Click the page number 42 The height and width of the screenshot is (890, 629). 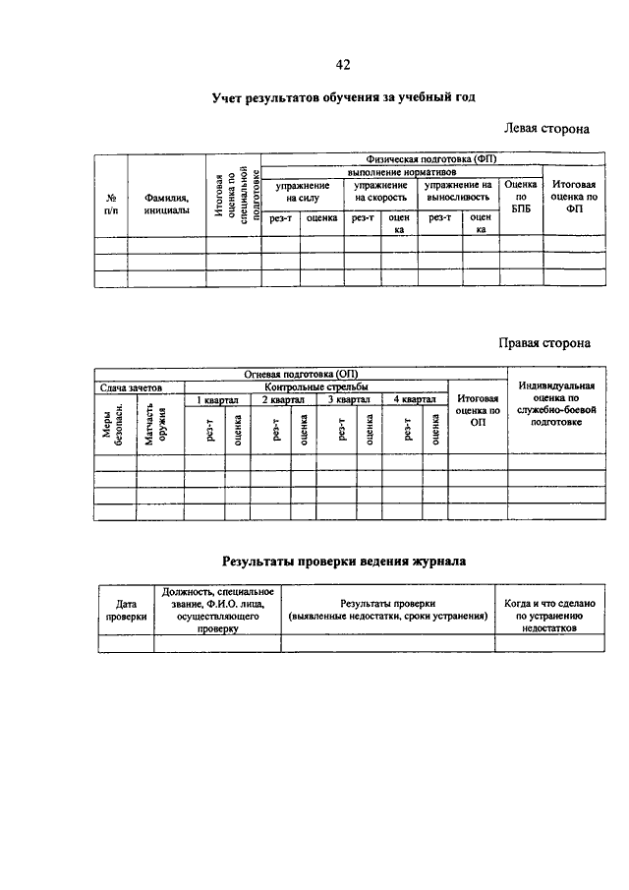pyautogui.click(x=343, y=65)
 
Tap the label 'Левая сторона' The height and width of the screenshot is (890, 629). pyautogui.click(x=546, y=128)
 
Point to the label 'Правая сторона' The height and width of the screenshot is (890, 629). pyautogui.click(x=543, y=343)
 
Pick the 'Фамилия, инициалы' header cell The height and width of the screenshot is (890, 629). pyautogui.click(x=166, y=203)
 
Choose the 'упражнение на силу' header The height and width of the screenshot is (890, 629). pyautogui.click(x=302, y=191)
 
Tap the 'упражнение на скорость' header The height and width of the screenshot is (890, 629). pyautogui.click(x=381, y=191)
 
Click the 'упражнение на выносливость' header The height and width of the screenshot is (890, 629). pyautogui.click(x=457, y=191)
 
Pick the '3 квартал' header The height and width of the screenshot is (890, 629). pyautogui.click(x=348, y=399)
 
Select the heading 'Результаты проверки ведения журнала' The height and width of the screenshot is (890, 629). pyautogui.click(x=343, y=562)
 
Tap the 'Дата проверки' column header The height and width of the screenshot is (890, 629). pyautogui.click(x=126, y=609)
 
